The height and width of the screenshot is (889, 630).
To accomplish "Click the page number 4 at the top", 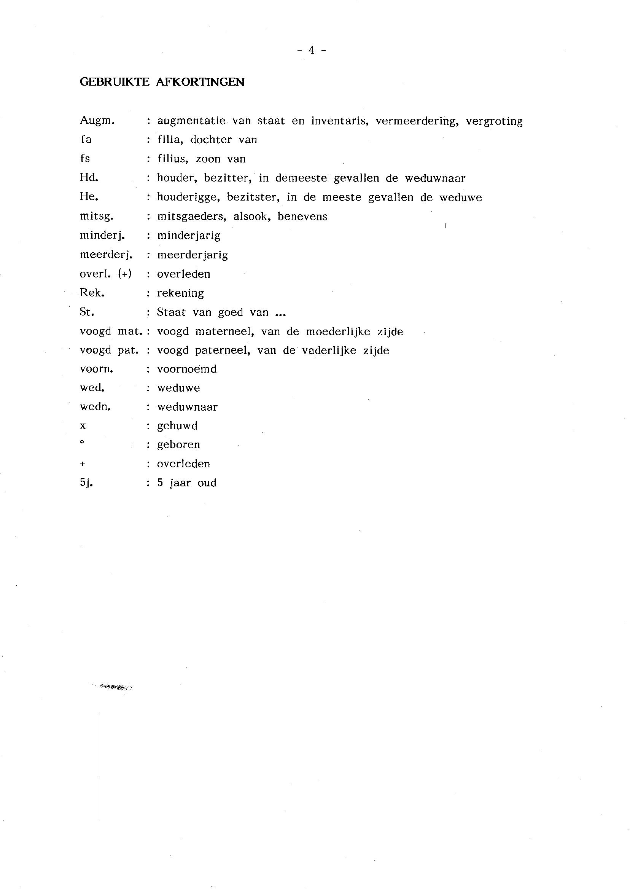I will (311, 50).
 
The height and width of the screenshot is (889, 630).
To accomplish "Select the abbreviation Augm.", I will (97, 121).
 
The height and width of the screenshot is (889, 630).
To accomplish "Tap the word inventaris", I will (339, 121).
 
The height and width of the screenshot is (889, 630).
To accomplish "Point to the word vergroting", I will (494, 121).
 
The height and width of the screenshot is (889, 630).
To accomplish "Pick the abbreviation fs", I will (85, 159).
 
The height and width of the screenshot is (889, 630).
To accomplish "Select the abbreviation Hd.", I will (89, 178).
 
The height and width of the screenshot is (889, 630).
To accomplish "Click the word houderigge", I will (189, 198).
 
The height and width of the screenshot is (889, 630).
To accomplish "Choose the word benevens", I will (302, 217).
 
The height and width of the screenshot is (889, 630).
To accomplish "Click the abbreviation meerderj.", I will (106, 255).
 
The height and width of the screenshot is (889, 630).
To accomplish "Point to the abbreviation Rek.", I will (92, 293).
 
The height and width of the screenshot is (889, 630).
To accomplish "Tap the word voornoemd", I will (186, 369).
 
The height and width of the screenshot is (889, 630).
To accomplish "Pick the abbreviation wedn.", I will (95, 407).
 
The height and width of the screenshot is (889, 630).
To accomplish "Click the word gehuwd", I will (177, 426).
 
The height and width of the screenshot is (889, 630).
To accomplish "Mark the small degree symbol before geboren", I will (82, 441).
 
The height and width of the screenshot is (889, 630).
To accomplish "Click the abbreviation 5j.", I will (86, 483).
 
